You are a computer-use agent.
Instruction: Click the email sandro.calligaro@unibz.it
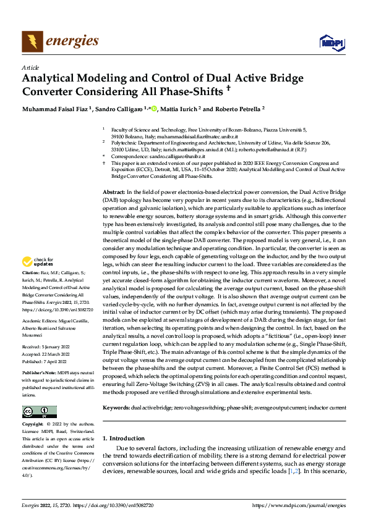pyautogui.click(x=165, y=158)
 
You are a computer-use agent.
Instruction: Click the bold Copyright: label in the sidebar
pyautogui.click(x=33, y=425)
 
